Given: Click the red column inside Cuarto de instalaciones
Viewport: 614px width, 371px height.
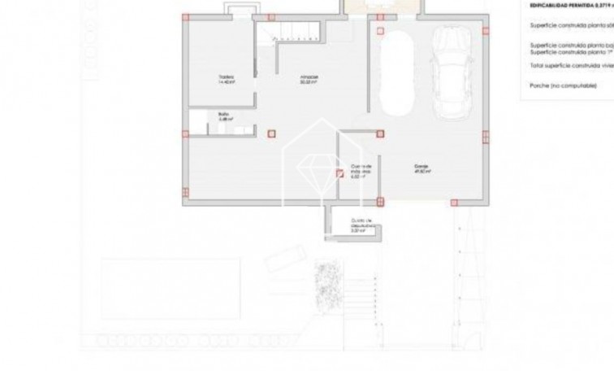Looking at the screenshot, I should click(x=339, y=172).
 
